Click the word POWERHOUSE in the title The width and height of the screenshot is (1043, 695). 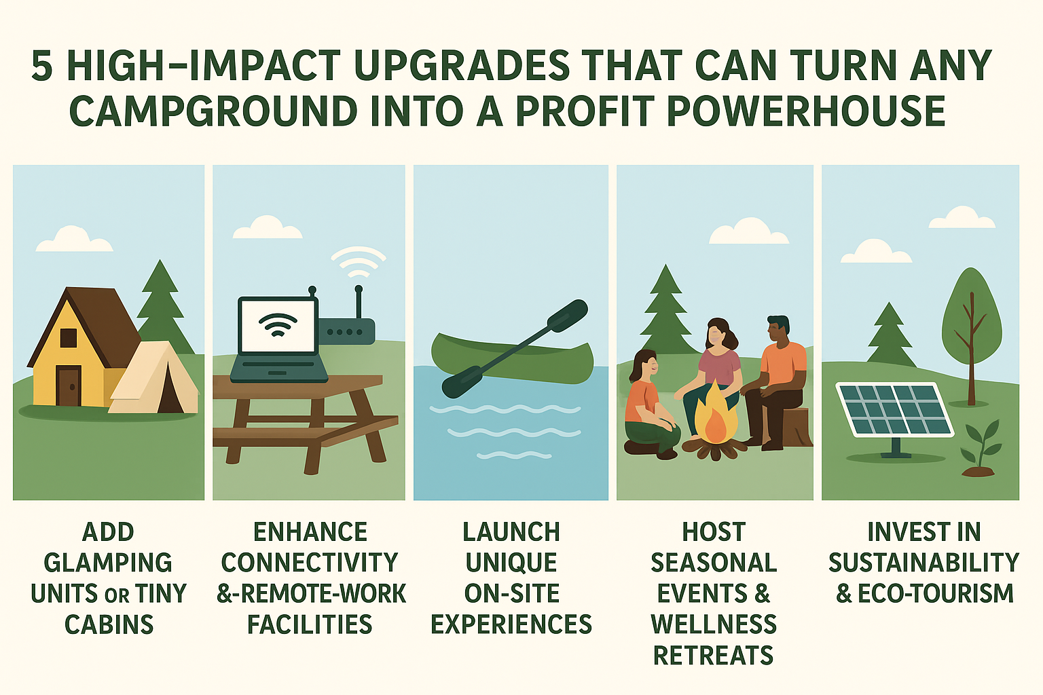click(806, 111)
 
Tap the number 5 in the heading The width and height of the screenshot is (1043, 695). click(42, 65)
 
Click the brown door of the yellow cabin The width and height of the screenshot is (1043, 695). click(69, 386)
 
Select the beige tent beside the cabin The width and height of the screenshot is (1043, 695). click(153, 378)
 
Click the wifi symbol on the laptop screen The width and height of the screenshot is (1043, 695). click(278, 324)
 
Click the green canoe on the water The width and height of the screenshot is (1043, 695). click(512, 358)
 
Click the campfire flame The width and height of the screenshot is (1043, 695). click(716, 414)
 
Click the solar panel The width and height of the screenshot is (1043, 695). click(894, 410)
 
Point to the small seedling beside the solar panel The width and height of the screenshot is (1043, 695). click(980, 449)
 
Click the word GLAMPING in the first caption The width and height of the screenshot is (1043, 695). click(108, 563)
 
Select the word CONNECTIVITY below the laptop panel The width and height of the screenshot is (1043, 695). click(310, 563)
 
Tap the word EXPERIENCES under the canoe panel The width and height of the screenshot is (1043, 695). click(511, 624)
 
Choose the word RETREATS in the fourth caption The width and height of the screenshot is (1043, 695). click(714, 656)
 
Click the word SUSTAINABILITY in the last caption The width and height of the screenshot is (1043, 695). click(923, 563)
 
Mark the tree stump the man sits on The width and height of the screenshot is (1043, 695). click(792, 426)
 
